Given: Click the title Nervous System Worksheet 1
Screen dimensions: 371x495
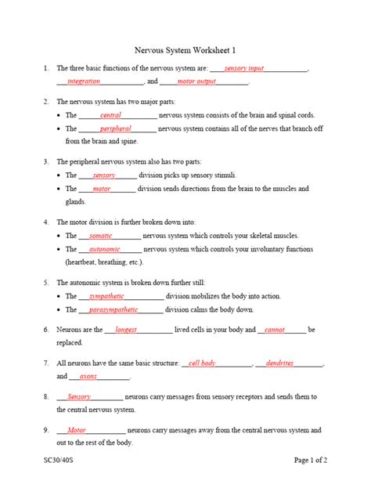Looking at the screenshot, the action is [x=185, y=48].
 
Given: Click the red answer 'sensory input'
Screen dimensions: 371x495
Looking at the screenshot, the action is [x=243, y=69].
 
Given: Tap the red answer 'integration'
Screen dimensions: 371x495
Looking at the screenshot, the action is [x=84, y=81].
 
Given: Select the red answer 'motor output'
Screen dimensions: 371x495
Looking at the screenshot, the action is [x=196, y=81].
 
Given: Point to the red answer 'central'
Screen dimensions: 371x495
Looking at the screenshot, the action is [x=111, y=115].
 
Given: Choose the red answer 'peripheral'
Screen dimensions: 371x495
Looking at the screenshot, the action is [x=115, y=128].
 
